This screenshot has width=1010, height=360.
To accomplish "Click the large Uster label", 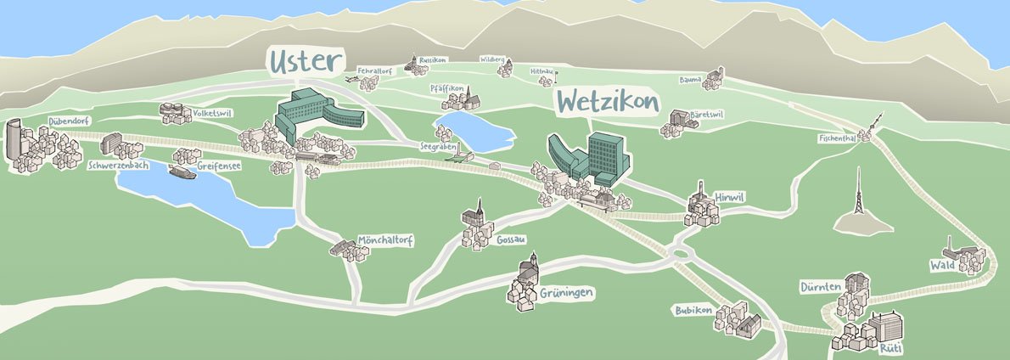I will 306,61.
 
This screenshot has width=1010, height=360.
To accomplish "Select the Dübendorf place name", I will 70,121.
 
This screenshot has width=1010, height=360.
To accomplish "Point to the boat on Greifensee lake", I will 182,172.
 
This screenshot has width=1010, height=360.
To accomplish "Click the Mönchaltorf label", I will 385,240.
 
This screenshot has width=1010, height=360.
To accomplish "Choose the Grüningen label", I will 566,293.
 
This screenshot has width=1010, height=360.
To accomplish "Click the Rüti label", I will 889,348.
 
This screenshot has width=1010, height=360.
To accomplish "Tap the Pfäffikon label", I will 446,87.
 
